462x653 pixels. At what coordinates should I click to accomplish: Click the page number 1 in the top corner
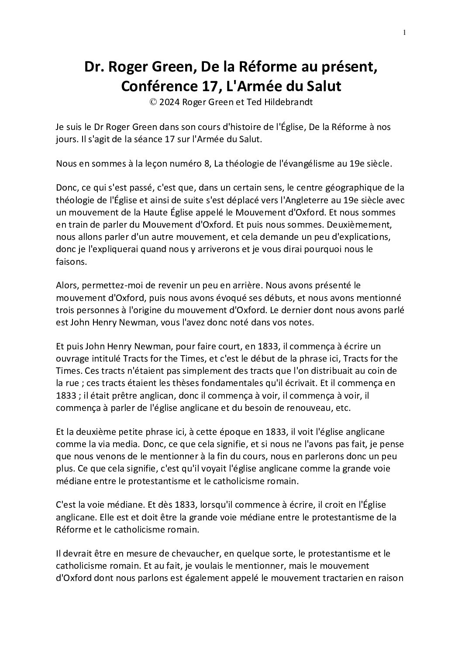click(x=404, y=32)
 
